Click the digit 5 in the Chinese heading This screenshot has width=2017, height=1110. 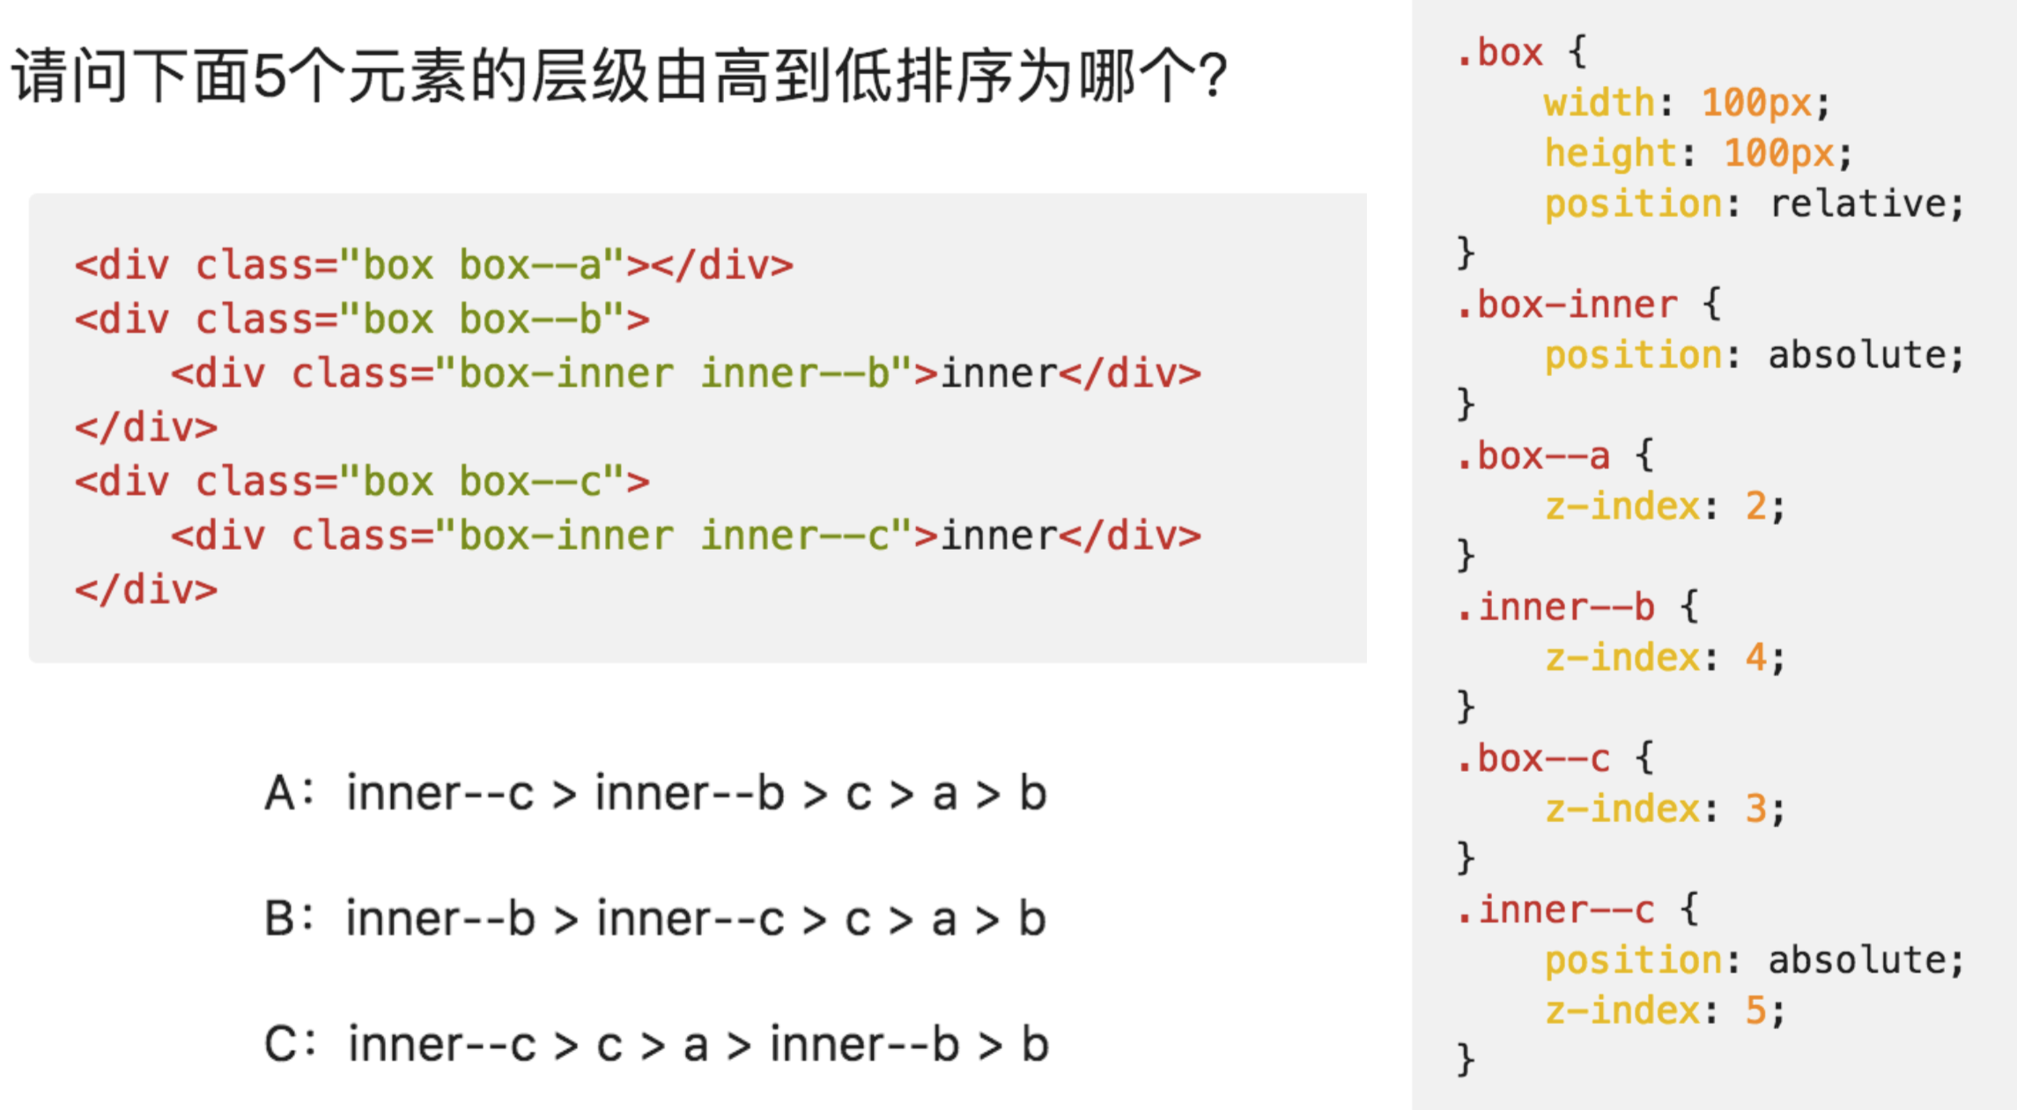tap(270, 76)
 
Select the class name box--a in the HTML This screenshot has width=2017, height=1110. tap(529, 265)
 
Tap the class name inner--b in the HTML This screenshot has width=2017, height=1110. tap(795, 374)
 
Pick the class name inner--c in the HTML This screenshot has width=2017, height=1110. tap(795, 536)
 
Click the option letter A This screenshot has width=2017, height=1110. tap(280, 793)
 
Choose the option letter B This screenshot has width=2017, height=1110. tap(280, 919)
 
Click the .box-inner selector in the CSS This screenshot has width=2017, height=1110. tap(1566, 305)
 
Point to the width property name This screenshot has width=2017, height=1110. tap(1599, 103)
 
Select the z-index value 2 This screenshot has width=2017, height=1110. tap(1755, 507)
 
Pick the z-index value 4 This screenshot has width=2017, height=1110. tap(1755, 658)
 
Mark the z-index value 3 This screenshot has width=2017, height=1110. tap(1755, 809)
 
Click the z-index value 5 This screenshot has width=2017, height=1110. tap(1755, 1010)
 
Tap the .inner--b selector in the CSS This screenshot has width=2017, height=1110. tap(1555, 607)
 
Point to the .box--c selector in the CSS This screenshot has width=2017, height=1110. tap(1533, 758)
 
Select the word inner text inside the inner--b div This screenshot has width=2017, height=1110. tap(999, 374)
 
